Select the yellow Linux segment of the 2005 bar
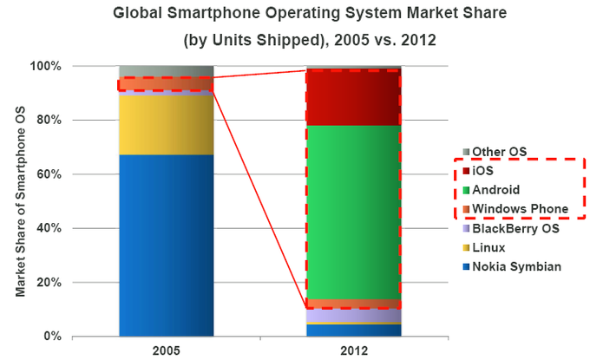coord(166,125)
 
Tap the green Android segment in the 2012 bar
coord(353,212)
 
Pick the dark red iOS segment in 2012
coord(353,98)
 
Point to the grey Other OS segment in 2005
coord(166,71)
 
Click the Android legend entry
coord(494,190)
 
